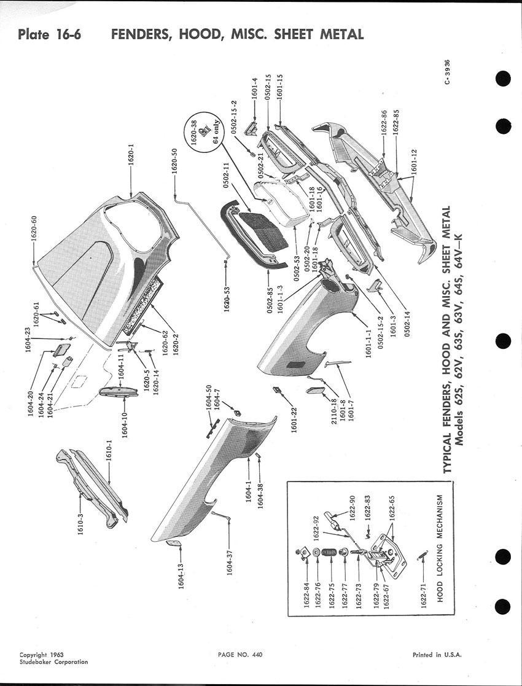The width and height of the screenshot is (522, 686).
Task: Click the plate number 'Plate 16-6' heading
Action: (x=50, y=34)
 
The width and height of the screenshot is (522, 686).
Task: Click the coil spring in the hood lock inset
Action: (x=329, y=553)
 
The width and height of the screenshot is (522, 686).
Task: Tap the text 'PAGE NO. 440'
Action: (x=240, y=655)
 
